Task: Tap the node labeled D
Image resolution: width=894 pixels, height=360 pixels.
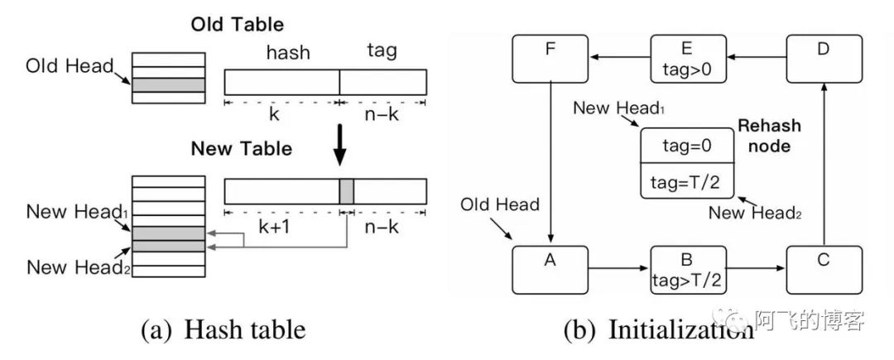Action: [822, 58]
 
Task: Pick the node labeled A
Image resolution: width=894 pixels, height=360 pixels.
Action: [549, 268]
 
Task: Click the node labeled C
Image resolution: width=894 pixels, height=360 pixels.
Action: [822, 268]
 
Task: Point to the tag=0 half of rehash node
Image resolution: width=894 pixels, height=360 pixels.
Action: [686, 146]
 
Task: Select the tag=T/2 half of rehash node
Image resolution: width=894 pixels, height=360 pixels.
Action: [686, 181]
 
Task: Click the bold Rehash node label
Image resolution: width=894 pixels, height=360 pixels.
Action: [770, 135]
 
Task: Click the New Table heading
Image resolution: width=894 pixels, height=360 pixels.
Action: [241, 149]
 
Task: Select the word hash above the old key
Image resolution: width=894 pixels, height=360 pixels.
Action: [287, 52]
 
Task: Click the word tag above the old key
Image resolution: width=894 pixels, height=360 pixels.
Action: [381, 51]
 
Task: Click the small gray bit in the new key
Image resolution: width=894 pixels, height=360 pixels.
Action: [346, 191]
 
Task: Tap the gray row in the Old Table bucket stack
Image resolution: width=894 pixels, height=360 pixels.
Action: [169, 84]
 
